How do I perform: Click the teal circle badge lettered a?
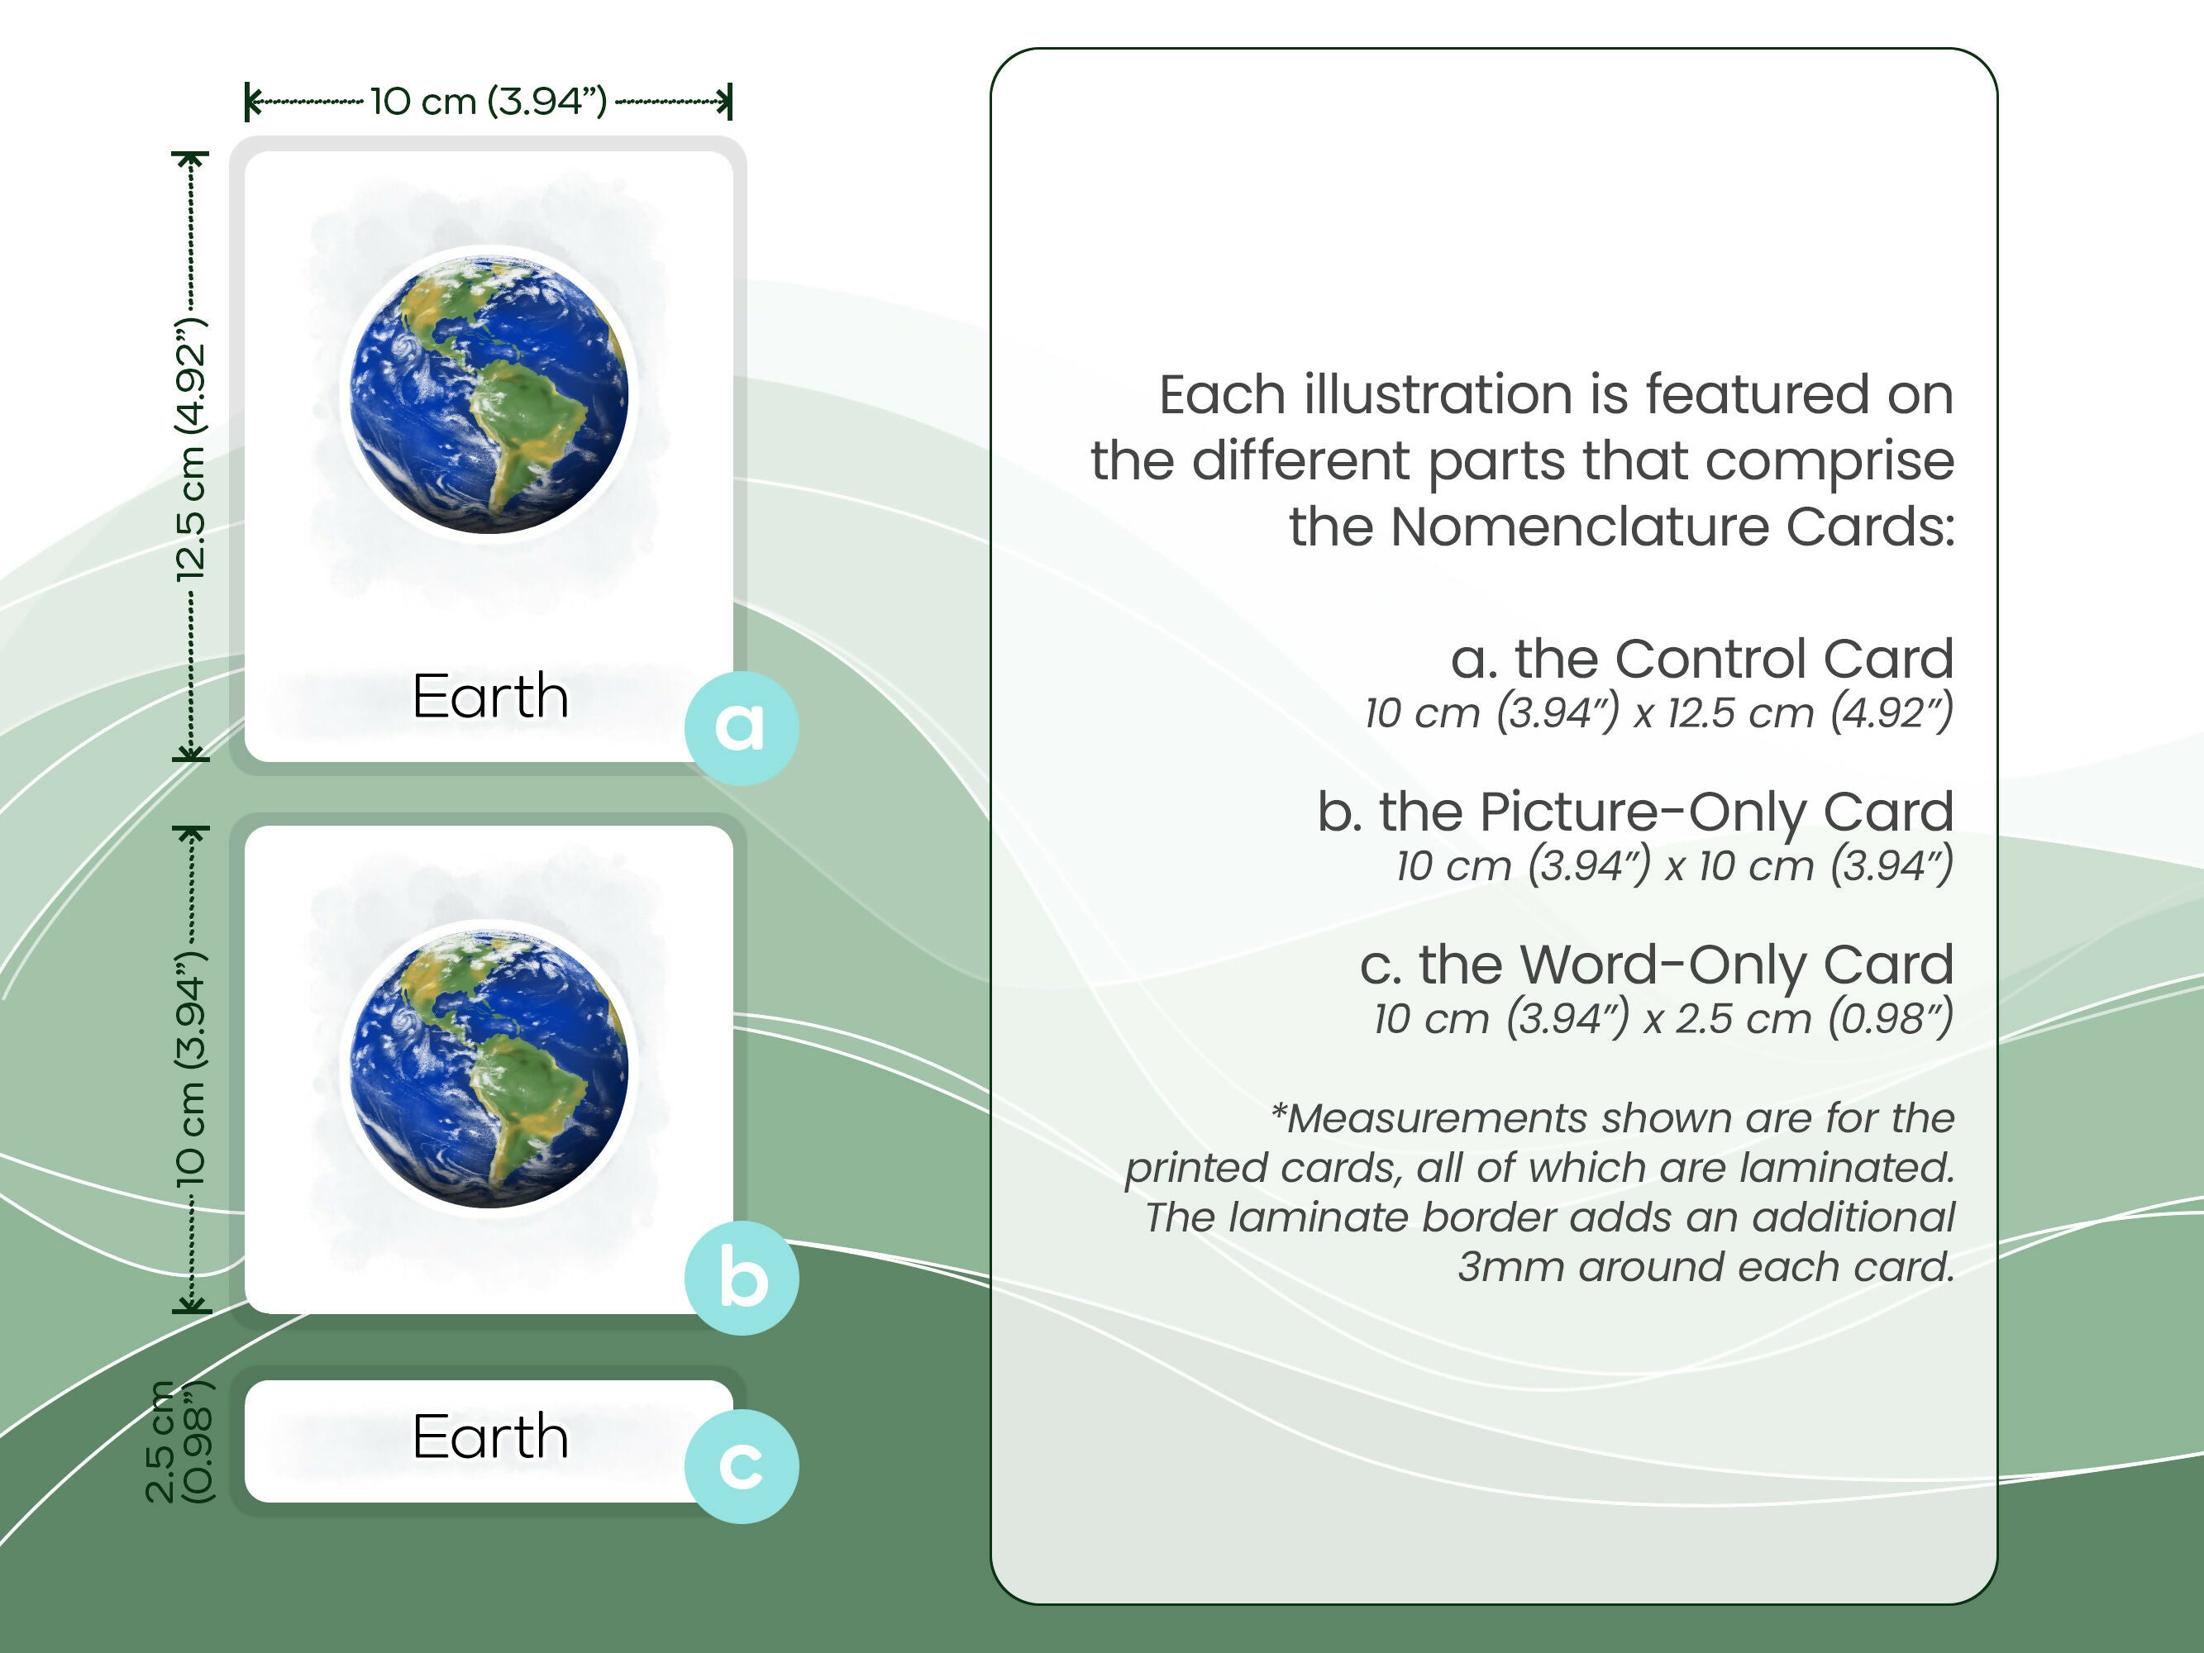[x=740, y=727]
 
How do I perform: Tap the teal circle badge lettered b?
[x=740, y=1278]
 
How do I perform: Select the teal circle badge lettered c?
[x=740, y=1465]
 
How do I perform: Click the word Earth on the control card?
[x=490, y=695]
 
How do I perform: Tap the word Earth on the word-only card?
[x=490, y=1436]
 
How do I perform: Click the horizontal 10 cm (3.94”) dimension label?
[x=489, y=101]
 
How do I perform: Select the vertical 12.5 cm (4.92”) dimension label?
[x=190, y=450]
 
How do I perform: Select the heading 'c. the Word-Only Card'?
[x=1656, y=965]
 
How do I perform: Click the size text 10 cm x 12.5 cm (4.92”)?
[x=1658, y=713]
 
